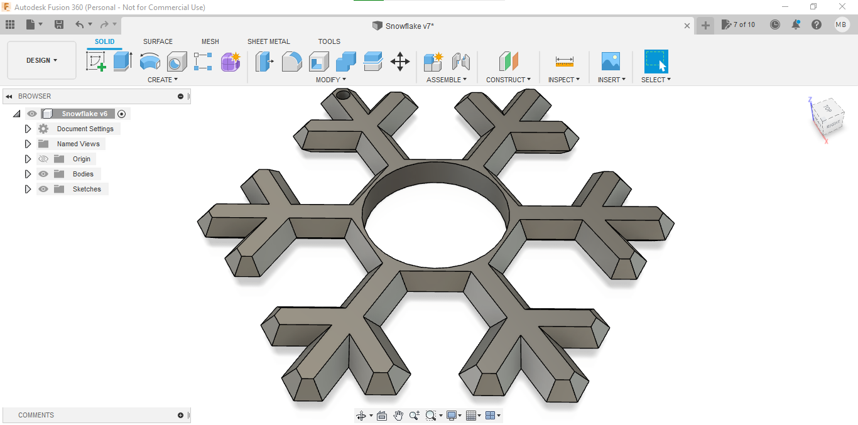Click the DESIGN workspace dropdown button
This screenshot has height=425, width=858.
pos(41,60)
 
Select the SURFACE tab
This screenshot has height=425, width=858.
pos(158,41)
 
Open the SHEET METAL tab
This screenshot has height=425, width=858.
pos(268,41)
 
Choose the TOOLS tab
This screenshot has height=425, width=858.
pos(329,41)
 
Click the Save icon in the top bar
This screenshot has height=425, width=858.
pos(59,24)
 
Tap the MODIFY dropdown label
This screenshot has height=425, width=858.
pos(330,80)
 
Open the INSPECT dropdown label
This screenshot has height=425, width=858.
pos(563,80)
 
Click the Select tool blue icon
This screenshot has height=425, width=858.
pos(656,62)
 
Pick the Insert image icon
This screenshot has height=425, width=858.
pos(610,62)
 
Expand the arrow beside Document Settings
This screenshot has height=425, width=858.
pos(28,129)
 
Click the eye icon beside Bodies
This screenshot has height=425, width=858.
pos(43,174)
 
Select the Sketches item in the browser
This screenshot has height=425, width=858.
pos(87,189)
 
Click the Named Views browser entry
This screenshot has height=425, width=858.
pos(78,144)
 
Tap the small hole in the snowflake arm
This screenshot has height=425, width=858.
pos(343,95)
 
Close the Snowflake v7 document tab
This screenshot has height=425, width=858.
pos(687,26)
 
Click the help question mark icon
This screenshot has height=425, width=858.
pos(816,24)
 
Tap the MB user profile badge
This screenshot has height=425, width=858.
pos(841,24)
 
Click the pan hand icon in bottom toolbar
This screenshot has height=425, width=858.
pos(398,416)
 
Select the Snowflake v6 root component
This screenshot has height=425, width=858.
pos(84,114)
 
